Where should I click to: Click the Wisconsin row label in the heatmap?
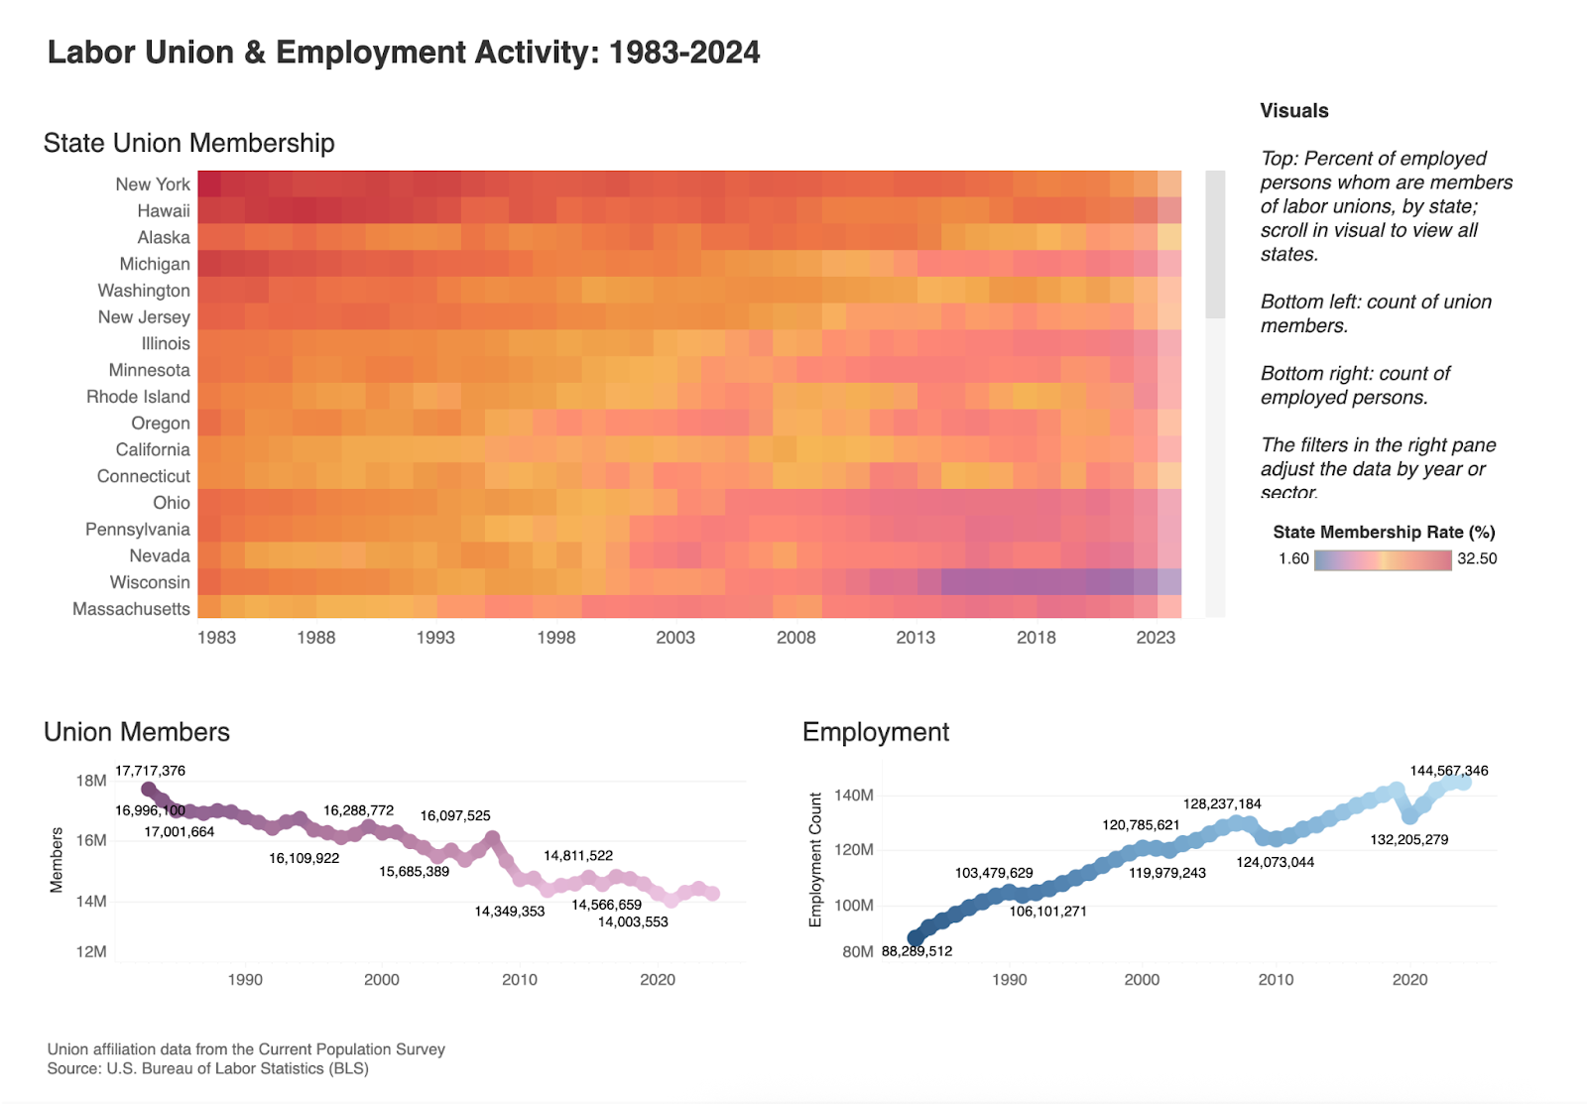(x=149, y=582)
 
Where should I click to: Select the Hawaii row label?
(x=163, y=211)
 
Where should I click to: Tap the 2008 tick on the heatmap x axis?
(x=795, y=638)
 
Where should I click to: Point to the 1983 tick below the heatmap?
(x=216, y=638)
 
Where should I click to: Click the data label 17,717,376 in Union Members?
(x=150, y=771)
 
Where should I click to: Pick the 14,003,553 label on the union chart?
(x=633, y=922)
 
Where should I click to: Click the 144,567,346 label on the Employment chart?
(x=1448, y=771)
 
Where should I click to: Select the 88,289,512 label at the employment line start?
(x=916, y=951)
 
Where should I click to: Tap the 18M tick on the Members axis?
(x=91, y=781)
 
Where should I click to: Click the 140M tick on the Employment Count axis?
(x=853, y=796)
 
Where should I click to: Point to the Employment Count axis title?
(x=815, y=859)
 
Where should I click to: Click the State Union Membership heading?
(x=188, y=144)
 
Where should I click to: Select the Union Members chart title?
(x=137, y=732)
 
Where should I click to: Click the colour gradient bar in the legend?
(x=1383, y=559)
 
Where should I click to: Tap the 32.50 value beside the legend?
(x=1477, y=559)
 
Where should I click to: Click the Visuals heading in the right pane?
(x=1293, y=111)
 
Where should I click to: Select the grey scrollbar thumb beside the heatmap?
(x=1215, y=244)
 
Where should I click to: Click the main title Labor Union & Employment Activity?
(x=404, y=53)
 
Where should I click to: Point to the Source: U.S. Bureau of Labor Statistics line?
(x=207, y=1068)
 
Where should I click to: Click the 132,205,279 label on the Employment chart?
(x=1408, y=840)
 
